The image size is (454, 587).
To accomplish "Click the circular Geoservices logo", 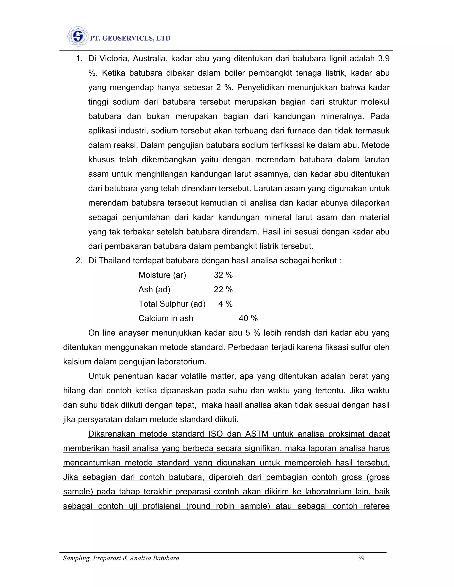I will (x=78, y=36).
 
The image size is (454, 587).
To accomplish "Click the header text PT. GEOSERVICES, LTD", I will (x=130, y=39).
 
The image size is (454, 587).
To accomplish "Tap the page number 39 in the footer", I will (x=361, y=558).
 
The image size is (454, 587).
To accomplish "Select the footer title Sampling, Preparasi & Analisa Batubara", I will (x=121, y=558).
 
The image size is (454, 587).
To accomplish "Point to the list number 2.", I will (x=79, y=260).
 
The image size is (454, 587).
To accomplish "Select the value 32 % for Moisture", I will (x=223, y=275).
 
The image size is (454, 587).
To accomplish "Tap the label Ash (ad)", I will (x=154, y=290).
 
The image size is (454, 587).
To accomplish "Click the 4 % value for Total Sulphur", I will (x=225, y=304).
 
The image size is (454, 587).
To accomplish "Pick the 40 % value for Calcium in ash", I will (x=248, y=319).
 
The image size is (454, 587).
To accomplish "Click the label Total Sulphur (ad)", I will (x=172, y=304).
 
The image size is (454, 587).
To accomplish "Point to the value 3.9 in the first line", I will (x=384, y=59).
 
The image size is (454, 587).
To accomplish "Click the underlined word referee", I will (x=376, y=506).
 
